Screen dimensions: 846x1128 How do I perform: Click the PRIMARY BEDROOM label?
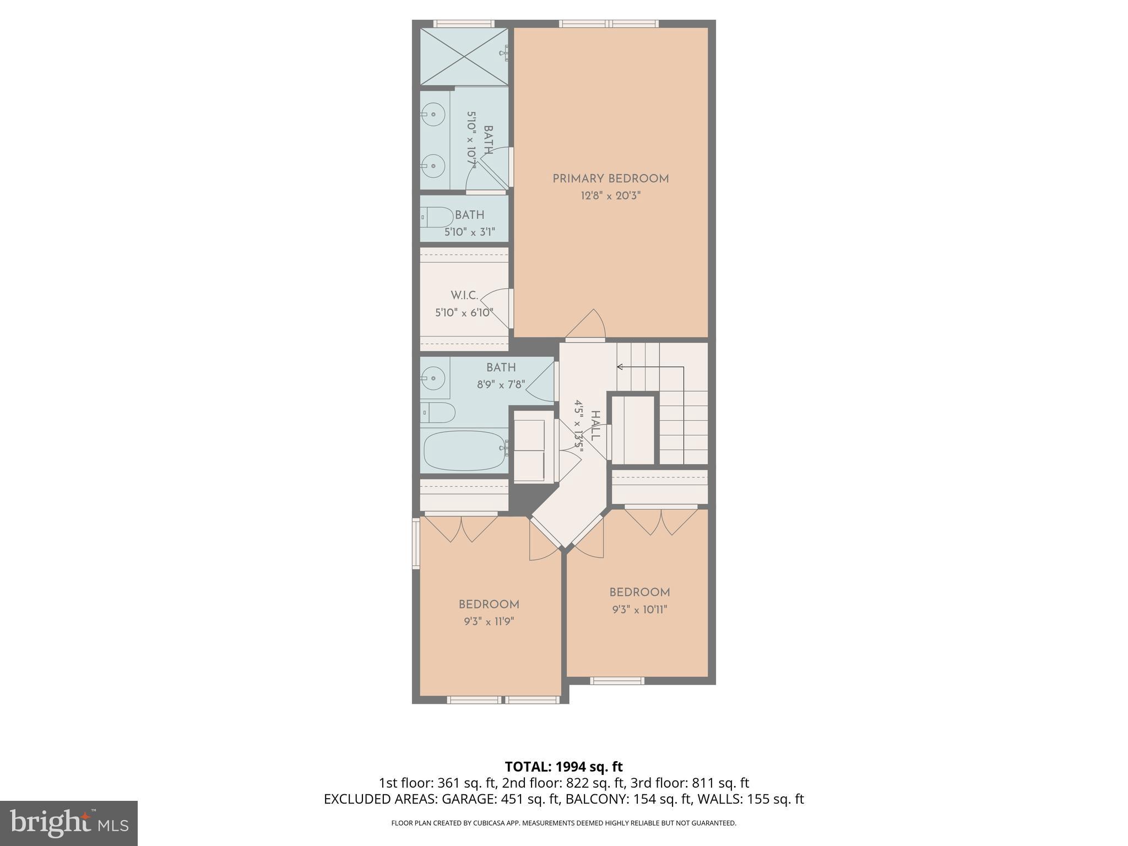coord(610,178)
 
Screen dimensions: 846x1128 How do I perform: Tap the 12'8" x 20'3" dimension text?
coord(610,196)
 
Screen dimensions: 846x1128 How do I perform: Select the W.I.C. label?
coord(464,296)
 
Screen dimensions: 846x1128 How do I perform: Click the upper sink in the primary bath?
coord(433,115)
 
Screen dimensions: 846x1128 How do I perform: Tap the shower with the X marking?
coord(464,57)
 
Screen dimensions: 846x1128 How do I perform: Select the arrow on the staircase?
coord(620,367)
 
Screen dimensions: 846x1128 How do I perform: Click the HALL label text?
coord(595,425)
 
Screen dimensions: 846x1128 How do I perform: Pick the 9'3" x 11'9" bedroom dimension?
coord(489,621)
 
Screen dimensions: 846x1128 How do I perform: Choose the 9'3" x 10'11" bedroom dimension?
coord(639,609)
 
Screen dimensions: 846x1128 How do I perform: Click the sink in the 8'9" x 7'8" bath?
coord(433,378)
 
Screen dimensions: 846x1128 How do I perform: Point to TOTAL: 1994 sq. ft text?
coord(563,766)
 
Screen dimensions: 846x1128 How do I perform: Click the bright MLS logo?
coord(68,823)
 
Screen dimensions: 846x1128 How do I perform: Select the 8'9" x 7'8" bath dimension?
coord(501,384)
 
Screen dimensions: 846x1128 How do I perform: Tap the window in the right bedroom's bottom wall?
coord(617,681)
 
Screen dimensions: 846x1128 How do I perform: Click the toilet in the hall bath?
coord(438,412)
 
